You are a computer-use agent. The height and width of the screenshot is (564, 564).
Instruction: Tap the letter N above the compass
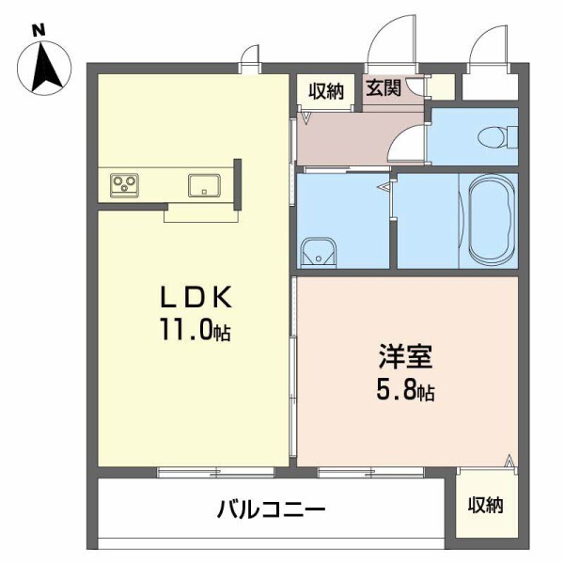click(39, 30)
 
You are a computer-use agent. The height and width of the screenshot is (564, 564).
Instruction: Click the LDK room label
click(194, 299)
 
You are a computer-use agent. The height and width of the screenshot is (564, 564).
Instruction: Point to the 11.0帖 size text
click(195, 331)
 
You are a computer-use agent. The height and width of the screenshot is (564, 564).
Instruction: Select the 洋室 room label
click(405, 357)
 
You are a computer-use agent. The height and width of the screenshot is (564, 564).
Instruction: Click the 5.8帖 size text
click(405, 389)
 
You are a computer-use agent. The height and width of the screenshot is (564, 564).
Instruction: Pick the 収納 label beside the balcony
click(486, 505)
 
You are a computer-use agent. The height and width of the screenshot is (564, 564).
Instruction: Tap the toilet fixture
click(494, 136)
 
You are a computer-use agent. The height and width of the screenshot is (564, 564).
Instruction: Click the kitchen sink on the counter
click(204, 185)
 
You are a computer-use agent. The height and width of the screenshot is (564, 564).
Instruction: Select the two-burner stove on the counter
click(125, 184)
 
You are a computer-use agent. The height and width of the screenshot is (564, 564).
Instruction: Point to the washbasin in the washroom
click(319, 252)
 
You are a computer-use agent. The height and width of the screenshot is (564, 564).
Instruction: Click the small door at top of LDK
click(250, 58)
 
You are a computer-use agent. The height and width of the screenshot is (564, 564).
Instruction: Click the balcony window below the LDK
click(194, 472)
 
